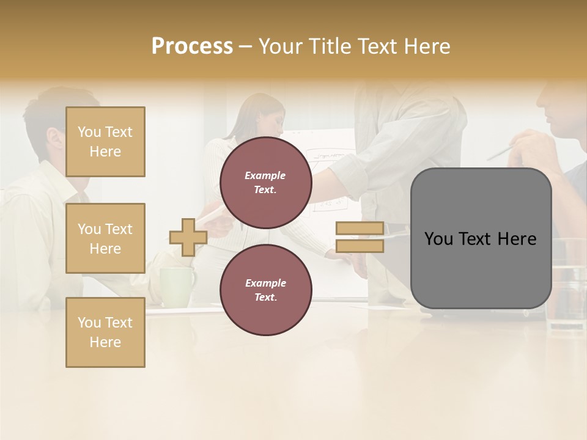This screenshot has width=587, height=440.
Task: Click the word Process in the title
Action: (192, 46)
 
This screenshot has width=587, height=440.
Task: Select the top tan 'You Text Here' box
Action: (105, 142)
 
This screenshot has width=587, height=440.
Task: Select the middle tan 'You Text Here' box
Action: (105, 238)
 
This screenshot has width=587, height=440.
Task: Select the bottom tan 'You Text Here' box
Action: (105, 332)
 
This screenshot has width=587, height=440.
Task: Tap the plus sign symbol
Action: (188, 237)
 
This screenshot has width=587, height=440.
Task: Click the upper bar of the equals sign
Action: (360, 229)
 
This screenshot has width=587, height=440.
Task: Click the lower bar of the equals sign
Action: (360, 246)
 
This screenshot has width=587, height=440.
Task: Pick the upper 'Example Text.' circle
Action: (265, 182)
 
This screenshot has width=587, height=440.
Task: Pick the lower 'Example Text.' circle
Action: (265, 290)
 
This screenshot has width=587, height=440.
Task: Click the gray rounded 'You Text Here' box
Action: (481, 238)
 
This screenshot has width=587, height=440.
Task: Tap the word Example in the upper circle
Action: (265, 175)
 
